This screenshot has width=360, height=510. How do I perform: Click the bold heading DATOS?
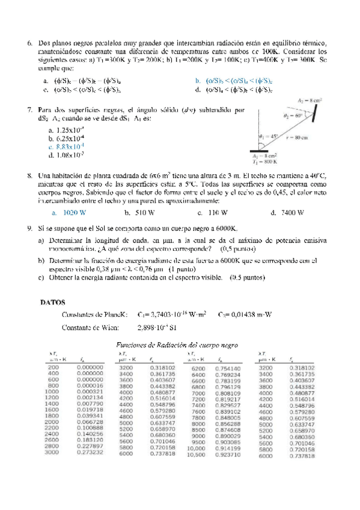pyautogui.click(x=52, y=302)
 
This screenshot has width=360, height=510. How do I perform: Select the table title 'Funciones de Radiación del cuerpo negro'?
pyautogui.click(x=177, y=345)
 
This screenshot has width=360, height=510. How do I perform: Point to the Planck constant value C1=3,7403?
pyautogui.click(x=162, y=314)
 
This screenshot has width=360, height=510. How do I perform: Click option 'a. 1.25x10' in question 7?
pyautogui.click(x=66, y=129)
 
